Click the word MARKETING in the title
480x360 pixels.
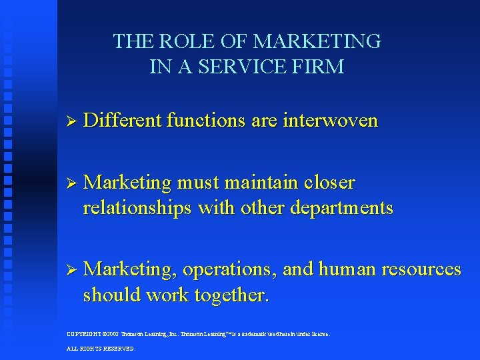pos(317,42)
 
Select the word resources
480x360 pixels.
pos(421,269)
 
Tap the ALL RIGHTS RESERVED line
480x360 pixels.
pos(101,349)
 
